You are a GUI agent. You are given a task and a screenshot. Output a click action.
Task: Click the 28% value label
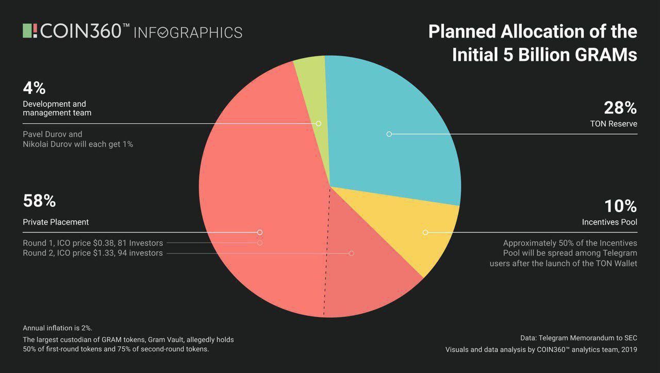tap(620, 108)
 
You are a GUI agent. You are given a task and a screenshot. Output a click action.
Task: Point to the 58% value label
tap(39, 201)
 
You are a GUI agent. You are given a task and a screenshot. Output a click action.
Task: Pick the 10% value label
tap(620, 206)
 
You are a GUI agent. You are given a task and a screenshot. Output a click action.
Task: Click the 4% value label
tap(35, 88)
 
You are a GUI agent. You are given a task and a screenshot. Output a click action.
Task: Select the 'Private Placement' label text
tap(56, 222)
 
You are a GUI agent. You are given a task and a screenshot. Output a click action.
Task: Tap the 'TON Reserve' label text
tap(614, 124)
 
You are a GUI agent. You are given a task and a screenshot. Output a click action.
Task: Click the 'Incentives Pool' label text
tap(609, 222)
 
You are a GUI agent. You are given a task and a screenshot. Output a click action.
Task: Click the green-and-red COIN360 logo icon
tap(30, 30)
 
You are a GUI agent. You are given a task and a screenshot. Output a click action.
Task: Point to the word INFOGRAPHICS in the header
tap(188, 33)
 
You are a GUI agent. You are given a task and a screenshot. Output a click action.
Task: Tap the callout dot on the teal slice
tap(389, 134)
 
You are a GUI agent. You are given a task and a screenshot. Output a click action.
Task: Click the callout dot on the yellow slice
tap(425, 233)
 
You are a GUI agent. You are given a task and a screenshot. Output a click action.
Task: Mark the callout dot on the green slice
tap(319, 124)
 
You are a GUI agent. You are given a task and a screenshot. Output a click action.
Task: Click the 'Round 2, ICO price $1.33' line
tap(93, 253)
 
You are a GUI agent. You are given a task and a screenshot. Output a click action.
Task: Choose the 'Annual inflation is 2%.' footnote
tap(57, 328)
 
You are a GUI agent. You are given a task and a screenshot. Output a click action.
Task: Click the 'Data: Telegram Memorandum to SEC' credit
tap(579, 338)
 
